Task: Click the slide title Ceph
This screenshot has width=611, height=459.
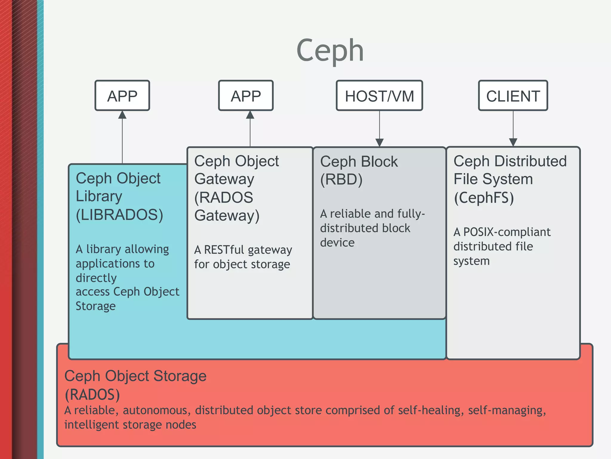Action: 330,51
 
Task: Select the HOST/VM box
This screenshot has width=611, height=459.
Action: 379,96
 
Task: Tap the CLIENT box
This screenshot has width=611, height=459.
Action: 513,96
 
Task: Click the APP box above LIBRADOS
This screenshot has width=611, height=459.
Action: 122,96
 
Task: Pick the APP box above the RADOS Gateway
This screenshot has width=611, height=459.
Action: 246,96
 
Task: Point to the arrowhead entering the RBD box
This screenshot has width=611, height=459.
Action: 379,143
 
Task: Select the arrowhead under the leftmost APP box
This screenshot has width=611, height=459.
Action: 122,115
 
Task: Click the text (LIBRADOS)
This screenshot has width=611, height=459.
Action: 119,215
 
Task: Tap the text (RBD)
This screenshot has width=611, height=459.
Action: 341,180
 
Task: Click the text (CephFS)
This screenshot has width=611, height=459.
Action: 484,198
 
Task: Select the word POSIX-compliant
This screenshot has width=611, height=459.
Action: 507,232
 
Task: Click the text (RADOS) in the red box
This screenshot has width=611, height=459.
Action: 92,394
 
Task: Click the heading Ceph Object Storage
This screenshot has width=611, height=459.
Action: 135,376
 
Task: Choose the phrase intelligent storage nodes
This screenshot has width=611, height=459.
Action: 130,425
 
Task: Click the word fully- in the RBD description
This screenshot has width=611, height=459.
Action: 411,214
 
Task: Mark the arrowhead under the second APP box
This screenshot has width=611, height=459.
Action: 250,115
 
